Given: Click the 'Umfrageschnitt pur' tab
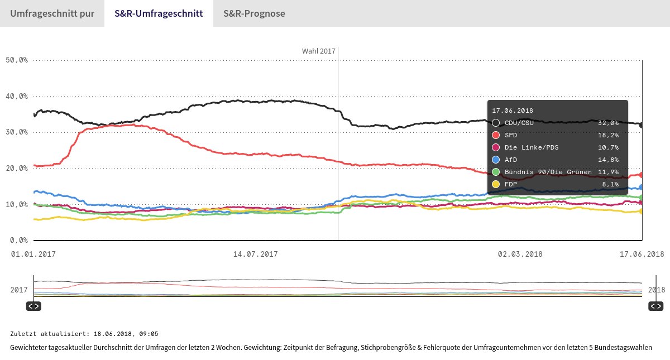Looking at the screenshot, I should [x=51, y=13].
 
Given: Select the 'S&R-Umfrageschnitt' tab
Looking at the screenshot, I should [x=159, y=13].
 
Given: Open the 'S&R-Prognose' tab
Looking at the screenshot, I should [x=254, y=13].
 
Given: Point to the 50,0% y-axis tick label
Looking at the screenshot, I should [x=17, y=60].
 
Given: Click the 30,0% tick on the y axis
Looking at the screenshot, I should [x=17, y=132].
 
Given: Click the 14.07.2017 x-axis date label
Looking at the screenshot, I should [x=255, y=255].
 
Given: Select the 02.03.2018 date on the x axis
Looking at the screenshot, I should [x=520, y=255].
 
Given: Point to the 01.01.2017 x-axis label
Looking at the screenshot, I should [x=34, y=255].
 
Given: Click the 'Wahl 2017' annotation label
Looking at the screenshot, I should [x=318, y=51].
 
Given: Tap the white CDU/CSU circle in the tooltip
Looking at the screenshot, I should [x=496, y=123].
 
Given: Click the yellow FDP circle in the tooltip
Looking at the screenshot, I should [x=496, y=184].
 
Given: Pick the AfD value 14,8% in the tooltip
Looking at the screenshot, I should [x=608, y=160].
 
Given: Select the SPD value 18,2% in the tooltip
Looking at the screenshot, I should [x=608, y=135].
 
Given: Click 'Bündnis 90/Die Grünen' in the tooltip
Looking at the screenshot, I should [x=548, y=172].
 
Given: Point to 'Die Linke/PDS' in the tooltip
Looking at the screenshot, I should [x=532, y=147].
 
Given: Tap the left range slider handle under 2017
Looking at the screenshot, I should [x=33, y=306].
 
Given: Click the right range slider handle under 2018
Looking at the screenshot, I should [x=655, y=306].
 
